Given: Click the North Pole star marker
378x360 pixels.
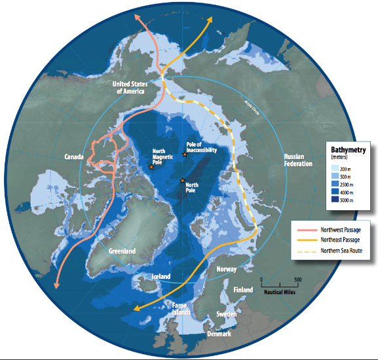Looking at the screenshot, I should [182, 181].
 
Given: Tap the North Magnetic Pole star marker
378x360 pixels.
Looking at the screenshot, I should [151, 168].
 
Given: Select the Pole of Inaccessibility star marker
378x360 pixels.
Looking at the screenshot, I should [185, 154].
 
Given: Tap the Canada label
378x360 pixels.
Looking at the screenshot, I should [77, 158].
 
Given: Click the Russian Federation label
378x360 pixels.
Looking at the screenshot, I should [300, 160].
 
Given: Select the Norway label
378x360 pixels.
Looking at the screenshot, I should [225, 269].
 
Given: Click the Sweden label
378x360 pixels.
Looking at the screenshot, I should [227, 314].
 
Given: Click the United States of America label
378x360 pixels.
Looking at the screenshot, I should [130, 88].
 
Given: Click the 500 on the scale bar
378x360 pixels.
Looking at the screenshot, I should [298, 279].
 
